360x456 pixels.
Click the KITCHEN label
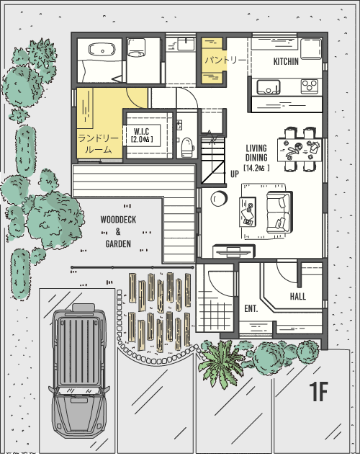(x=286, y=61)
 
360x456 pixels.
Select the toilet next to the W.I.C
(x=187, y=145)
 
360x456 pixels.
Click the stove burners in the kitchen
(x=310, y=86)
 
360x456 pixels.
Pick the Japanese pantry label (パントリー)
(x=224, y=60)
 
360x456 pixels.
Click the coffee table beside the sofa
(x=248, y=211)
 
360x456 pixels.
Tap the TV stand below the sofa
(x=233, y=251)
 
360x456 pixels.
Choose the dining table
(x=300, y=150)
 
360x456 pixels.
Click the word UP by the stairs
(x=235, y=174)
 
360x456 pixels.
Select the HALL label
(x=297, y=296)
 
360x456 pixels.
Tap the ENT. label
(x=251, y=308)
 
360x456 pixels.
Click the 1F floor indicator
(x=318, y=393)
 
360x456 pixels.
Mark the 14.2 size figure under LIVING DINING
(x=256, y=168)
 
